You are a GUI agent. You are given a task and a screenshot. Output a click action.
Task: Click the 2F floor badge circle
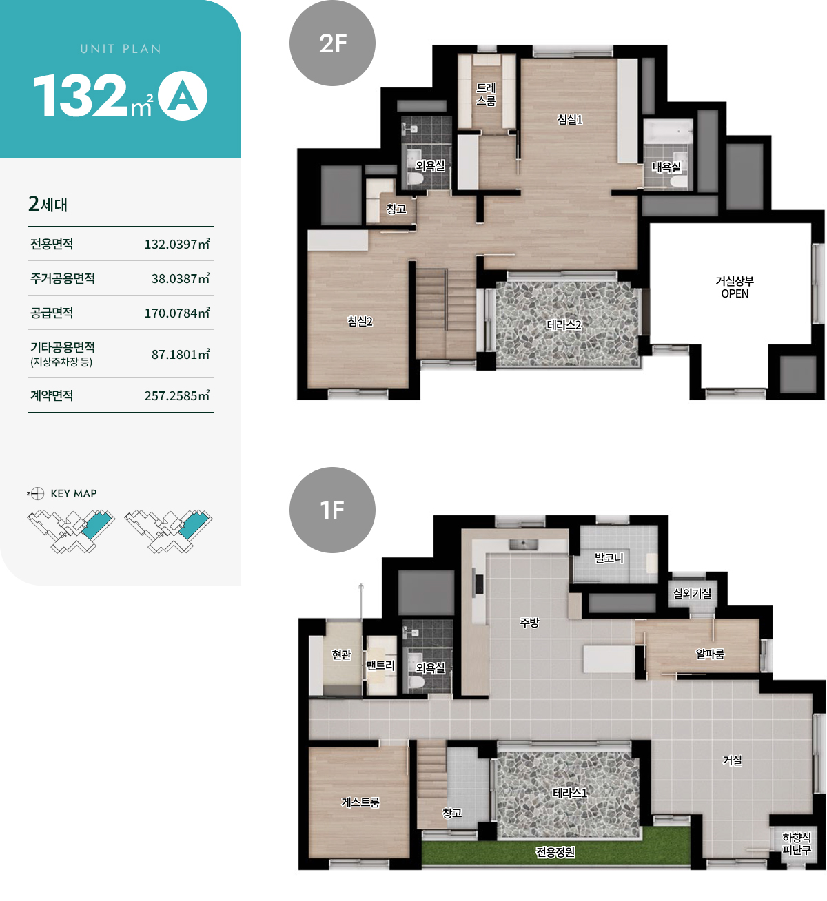pos(332,43)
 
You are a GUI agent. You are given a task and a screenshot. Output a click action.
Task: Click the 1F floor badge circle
pos(332,510)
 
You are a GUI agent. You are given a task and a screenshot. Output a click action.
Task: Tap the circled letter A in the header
pos(183,96)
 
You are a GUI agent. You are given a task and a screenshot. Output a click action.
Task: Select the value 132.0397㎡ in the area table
pos(177,244)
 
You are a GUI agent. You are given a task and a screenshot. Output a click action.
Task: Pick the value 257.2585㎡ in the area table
pos(177,395)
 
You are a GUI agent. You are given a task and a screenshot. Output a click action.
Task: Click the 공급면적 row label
pos(52,313)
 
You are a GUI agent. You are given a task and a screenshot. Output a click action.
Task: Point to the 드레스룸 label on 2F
pos(486,95)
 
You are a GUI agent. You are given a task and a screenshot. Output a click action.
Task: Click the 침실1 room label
pos(569,119)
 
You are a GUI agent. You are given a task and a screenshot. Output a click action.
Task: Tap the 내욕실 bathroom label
pos(666,167)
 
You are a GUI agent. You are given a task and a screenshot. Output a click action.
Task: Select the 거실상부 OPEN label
pos(735,287)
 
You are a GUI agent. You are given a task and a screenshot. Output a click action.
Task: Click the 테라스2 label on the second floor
pos(564,324)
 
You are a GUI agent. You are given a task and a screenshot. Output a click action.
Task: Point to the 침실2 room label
pos(360,321)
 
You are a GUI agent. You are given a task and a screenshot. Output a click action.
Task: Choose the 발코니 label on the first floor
pos(609,558)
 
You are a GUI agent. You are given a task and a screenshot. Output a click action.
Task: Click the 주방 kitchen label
pos(529,623)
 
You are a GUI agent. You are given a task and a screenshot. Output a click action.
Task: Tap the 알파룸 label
pos(710,654)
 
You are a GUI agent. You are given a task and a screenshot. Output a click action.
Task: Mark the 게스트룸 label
pos(360,802)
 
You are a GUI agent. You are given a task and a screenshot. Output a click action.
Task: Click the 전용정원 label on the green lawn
pos(555,852)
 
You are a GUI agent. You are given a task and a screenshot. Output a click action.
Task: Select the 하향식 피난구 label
pos(797,844)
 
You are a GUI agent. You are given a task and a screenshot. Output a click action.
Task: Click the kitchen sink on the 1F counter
pos(523,545)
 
